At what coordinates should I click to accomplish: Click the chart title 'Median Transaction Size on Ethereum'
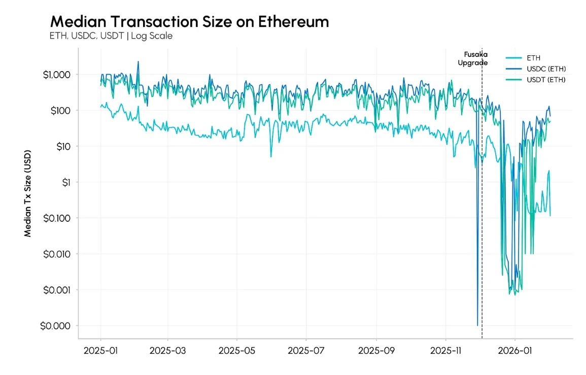(189, 22)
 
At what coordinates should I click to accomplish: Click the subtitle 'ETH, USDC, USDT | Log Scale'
(111, 36)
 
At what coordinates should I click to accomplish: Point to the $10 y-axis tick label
(63, 147)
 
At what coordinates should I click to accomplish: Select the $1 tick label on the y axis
(65, 182)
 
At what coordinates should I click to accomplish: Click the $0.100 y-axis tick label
(57, 218)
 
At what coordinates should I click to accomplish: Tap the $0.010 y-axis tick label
(57, 254)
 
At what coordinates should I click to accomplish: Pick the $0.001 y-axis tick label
(57, 290)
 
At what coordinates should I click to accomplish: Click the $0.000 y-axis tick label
(57, 326)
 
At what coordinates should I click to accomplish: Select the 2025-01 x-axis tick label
(100, 351)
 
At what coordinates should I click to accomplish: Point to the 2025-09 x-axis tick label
(376, 351)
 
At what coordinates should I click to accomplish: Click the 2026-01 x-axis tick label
(515, 351)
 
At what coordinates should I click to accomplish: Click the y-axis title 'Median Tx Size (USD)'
(28, 193)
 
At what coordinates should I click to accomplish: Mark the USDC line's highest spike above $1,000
(138, 62)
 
